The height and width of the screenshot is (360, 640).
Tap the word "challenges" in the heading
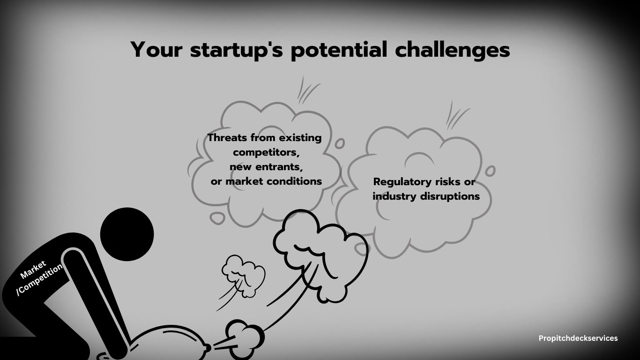[x=453, y=50]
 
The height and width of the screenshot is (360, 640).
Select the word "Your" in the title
[x=156, y=50]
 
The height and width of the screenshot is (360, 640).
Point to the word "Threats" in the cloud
[x=227, y=138]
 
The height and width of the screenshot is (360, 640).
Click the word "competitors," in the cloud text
[x=266, y=152]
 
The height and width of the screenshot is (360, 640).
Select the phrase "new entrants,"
[x=266, y=167]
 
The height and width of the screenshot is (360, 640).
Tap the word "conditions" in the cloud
[x=293, y=181]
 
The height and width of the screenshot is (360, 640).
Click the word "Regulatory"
[x=402, y=182]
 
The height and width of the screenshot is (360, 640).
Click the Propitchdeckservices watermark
[x=578, y=338]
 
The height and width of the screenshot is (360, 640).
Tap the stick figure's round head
[x=127, y=234]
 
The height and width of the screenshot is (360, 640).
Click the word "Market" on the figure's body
[x=33, y=270]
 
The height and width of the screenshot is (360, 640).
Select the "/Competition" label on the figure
[x=39, y=280]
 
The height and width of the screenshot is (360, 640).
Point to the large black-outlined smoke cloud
[x=320, y=255]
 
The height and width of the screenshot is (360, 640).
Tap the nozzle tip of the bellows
[x=209, y=348]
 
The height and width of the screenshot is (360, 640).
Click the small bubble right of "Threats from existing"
[x=340, y=143]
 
